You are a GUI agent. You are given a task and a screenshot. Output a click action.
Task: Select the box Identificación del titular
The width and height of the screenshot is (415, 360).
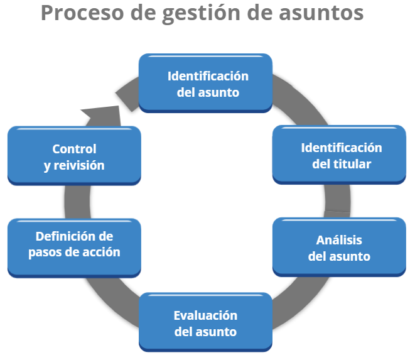tap(340, 155)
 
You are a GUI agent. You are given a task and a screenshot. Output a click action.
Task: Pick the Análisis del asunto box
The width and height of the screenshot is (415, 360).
tap(340, 248)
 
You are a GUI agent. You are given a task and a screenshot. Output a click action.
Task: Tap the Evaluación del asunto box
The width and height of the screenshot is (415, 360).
tap(206, 323)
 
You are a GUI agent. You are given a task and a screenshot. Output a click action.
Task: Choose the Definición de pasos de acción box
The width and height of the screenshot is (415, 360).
tap(74, 245)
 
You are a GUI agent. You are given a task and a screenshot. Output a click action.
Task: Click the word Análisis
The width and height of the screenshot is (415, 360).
tap(340, 241)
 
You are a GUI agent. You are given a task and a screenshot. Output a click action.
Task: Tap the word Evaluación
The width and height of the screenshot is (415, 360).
tap(206, 315)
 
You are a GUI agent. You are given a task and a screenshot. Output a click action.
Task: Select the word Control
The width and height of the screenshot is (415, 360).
tap(74, 150)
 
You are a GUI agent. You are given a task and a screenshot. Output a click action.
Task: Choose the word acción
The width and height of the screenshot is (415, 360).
tap(101, 253)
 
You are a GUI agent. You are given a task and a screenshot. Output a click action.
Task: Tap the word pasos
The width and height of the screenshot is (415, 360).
tap(45, 253)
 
